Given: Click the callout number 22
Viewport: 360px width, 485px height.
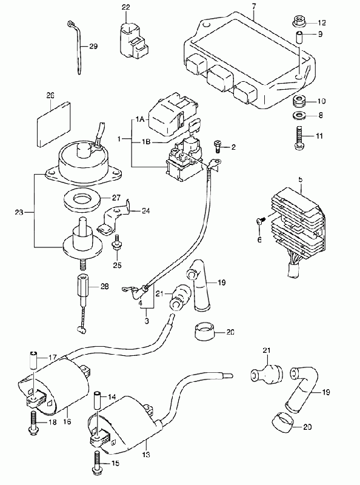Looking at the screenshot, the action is [x=125, y=7].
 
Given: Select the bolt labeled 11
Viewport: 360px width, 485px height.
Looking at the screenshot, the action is [x=299, y=138].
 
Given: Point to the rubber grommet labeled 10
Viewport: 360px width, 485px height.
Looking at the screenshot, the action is [x=299, y=101].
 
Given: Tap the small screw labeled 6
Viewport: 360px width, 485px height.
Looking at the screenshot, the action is [x=260, y=221].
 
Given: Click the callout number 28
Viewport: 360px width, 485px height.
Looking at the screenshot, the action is [x=105, y=287].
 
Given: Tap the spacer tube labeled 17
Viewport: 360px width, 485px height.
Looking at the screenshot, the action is [x=33, y=360].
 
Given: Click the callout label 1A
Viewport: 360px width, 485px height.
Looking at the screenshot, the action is [x=140, y=119].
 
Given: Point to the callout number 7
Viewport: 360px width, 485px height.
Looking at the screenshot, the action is [x=253, y=5].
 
